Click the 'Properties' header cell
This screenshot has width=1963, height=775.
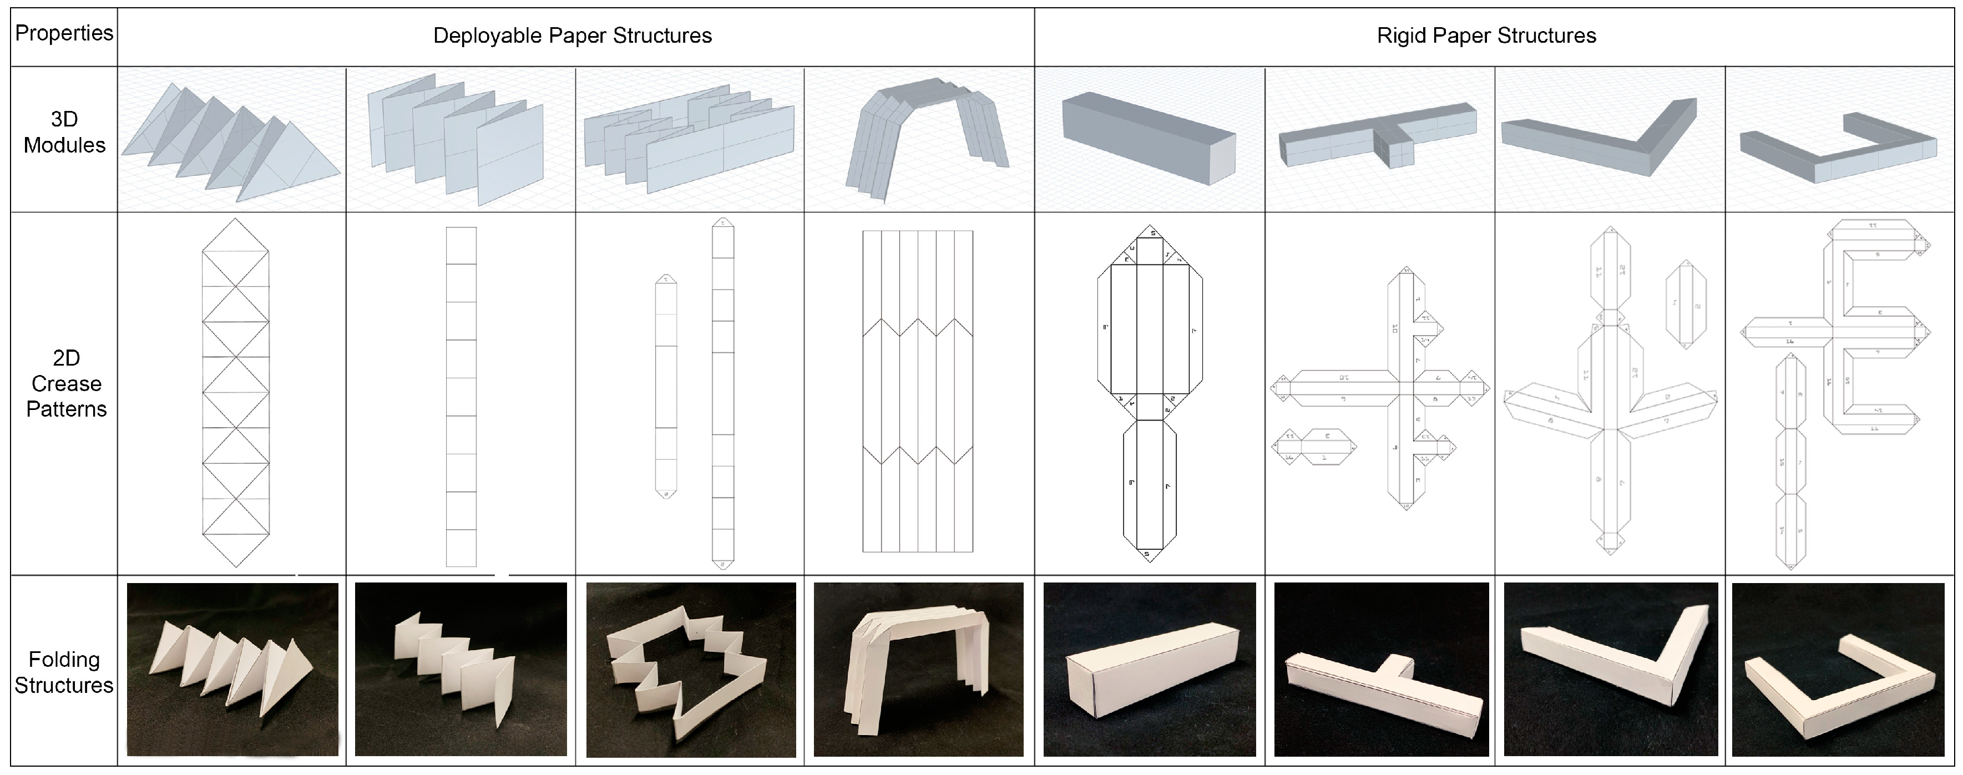point(64,33)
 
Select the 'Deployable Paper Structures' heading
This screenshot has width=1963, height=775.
point(572,36)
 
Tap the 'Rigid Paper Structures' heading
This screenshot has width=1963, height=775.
point(1486,36)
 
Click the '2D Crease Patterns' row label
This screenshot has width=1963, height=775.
point(66,383)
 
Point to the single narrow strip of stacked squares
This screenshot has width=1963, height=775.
point(461,396)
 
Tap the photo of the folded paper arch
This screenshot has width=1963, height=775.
point(918,669)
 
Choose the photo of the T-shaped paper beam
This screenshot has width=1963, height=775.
point(1381,669)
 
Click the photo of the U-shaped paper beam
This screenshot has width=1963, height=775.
point(1839,669)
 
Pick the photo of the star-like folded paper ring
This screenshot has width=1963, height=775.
point(690,669)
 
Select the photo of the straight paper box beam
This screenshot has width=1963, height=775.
point(1149,669)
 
